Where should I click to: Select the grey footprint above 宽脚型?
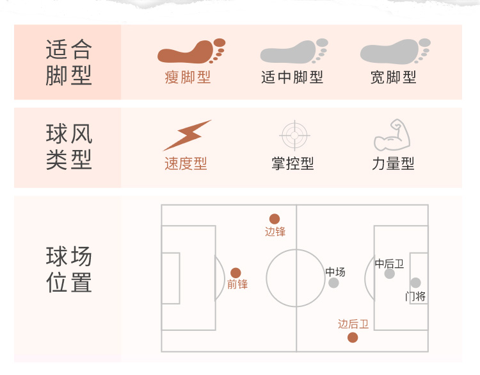coord(394,51)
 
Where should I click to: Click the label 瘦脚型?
coord(188,78)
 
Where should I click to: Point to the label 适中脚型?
coord(292,78)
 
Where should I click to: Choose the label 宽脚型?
coord(394,78)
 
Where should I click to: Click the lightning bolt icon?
coord(186,135)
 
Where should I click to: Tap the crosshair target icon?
coord(294,135)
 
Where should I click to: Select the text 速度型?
coord(186,163)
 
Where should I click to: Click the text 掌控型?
coord(292,163)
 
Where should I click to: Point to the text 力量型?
coord(393,163)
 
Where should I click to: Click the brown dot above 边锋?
coord(275,219)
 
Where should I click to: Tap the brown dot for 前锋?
coord(236,273)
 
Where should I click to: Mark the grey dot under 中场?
coord(333,283)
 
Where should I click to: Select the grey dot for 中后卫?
coord(389,274)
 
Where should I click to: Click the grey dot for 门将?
coord(415,283)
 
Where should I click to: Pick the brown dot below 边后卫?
coord(353,338)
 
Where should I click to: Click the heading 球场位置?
coord(69,269)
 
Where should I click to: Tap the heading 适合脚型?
coord(69,62)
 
